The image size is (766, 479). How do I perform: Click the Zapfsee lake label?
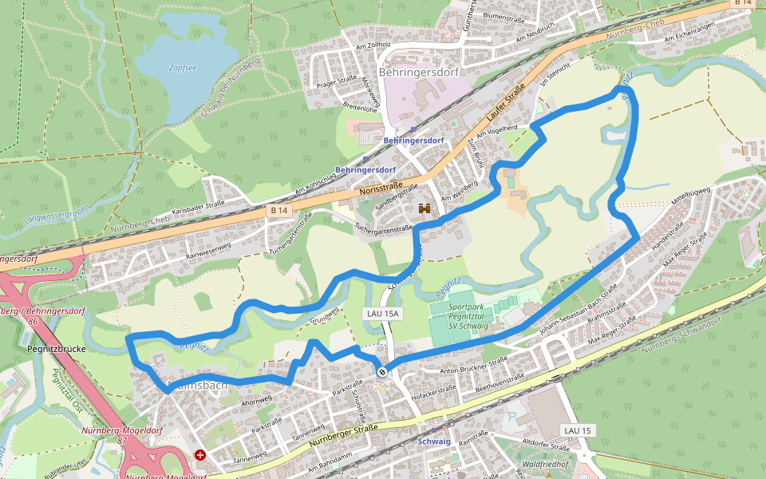(183, 68)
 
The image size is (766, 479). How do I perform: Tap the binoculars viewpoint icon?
(424, 209)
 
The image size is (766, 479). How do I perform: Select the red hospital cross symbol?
(199, 455)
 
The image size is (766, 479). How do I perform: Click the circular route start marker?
(383, 371)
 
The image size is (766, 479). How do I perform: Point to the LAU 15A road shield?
(381, 314)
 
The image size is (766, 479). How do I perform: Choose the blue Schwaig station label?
(434, 441)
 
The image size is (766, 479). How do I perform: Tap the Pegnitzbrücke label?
(56, 349)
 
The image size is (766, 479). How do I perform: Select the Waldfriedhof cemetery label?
(544, 464)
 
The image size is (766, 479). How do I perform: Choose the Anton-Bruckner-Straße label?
(474, 365)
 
